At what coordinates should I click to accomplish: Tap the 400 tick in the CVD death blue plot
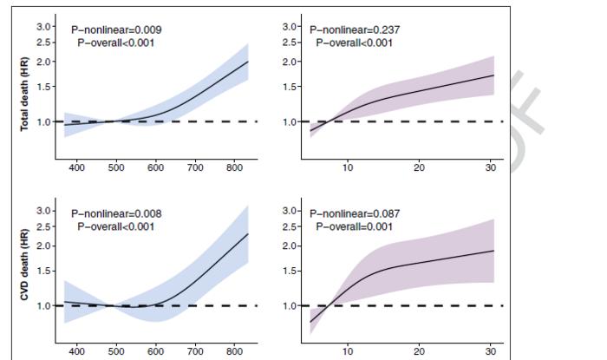76,351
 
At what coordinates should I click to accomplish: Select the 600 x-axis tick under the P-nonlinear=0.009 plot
156,167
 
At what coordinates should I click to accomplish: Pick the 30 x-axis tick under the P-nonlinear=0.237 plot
490,167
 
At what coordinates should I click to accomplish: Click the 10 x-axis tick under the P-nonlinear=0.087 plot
348,351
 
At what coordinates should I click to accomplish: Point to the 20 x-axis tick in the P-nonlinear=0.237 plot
419,167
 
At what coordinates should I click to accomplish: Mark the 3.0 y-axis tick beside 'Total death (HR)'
43,28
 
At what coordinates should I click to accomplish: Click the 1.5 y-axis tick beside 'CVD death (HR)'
43,272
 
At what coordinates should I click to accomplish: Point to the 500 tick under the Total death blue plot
116,167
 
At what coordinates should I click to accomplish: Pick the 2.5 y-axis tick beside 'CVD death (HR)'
43,226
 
